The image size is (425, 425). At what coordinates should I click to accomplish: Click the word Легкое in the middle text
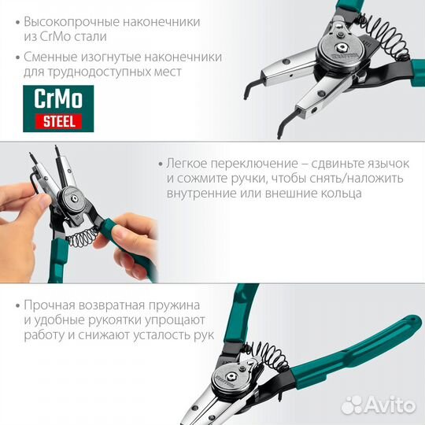[186, 163]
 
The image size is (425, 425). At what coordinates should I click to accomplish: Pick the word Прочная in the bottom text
[48, 304]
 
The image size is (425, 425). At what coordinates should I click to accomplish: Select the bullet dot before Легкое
[158, 164]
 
